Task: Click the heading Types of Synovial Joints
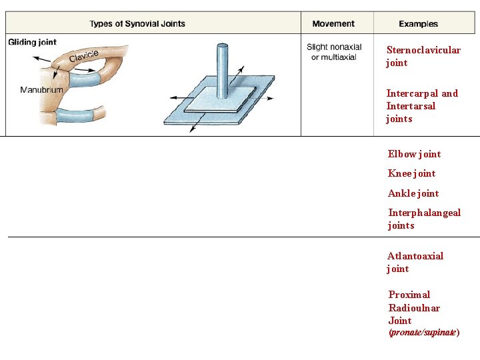click(137, 24)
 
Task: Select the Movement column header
click(333, 24)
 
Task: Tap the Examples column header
click(418, 24)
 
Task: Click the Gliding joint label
click(33, 42)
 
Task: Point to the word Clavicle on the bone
click(84, 56)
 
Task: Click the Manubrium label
click(41, 89)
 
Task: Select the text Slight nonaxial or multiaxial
click(333, 52)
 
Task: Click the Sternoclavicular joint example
click(423, 57)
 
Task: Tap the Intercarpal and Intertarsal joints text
click(421, 106)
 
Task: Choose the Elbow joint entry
click(414, 154)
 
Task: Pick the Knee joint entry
click(411, 173)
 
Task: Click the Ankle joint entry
click(413, 193)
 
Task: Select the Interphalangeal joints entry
click(424, 219)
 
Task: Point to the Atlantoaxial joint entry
click(415, 262)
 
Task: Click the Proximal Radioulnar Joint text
click(414, 307)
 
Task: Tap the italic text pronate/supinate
click(423, 332)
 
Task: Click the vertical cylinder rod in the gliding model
click(221, 67)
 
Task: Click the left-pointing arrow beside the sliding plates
click(176, 98)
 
